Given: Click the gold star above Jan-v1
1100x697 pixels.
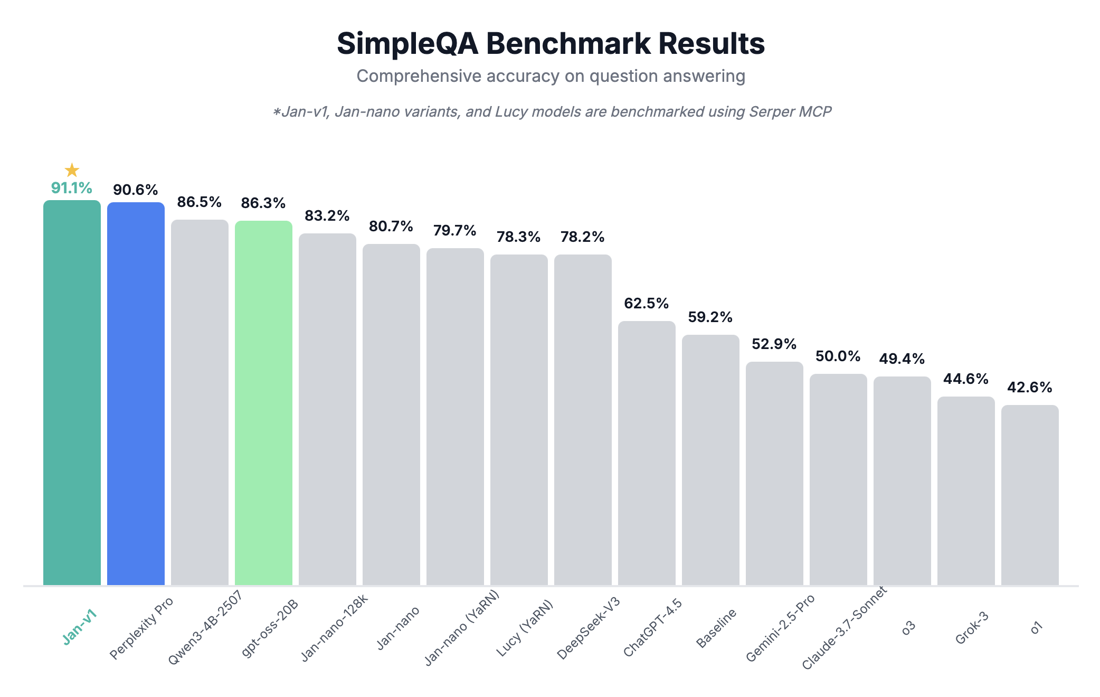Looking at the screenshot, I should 72,170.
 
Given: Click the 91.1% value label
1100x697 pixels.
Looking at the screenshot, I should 72,188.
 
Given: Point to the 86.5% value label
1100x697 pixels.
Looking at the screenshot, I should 199,202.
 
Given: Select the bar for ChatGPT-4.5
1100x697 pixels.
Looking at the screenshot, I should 647,454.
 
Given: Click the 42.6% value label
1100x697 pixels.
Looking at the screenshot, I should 1029,388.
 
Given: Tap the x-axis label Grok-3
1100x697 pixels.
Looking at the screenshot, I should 972,628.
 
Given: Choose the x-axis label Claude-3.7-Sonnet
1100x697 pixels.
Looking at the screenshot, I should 845,628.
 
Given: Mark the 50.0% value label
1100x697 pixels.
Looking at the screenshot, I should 838,356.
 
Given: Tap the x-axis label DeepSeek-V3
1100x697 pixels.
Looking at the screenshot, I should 589,628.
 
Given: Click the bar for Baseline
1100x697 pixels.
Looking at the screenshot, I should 710,459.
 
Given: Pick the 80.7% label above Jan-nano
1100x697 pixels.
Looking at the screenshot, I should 391,227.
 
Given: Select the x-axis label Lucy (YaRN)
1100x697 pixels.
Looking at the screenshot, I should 525,628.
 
